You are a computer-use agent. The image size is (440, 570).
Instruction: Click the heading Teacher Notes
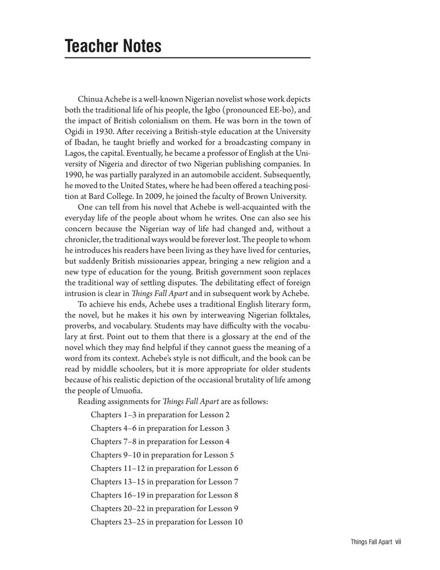pyautogui.click(x=113, y=46)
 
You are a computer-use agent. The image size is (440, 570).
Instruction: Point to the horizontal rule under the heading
pyautogui.click(x=187, y=58)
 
